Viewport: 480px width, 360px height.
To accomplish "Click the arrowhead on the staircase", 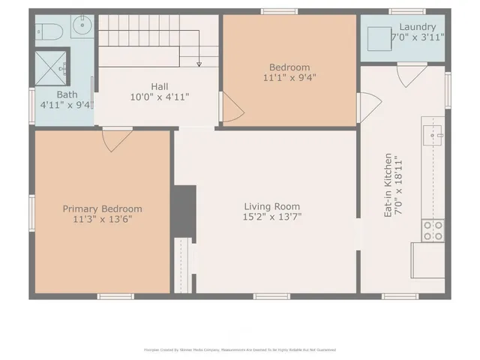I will [x=199, y=64].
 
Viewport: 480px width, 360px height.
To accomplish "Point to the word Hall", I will [x=159, y=86].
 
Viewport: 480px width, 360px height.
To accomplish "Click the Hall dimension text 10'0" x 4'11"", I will [x=159, y=97].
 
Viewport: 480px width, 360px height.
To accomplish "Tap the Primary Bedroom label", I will [x=102, y=209].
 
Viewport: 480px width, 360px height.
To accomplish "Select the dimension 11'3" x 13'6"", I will [x=102, y=220].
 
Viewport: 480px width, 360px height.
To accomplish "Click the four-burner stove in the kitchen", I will [x=432, y=230].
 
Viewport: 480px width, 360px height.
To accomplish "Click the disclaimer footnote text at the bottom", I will [x=239, y=349].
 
